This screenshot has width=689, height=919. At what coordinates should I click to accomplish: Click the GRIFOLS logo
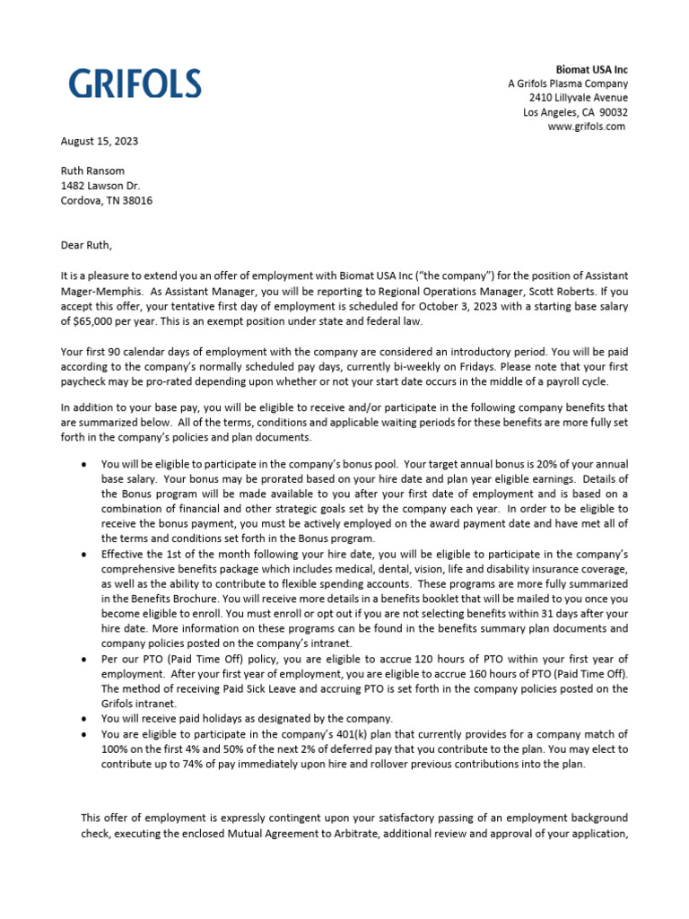(135, 84)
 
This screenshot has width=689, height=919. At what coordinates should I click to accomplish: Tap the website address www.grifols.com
(587, 127)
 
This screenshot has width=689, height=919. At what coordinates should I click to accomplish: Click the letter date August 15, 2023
(99, 141)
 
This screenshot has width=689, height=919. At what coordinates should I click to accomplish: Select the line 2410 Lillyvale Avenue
(578, 98)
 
